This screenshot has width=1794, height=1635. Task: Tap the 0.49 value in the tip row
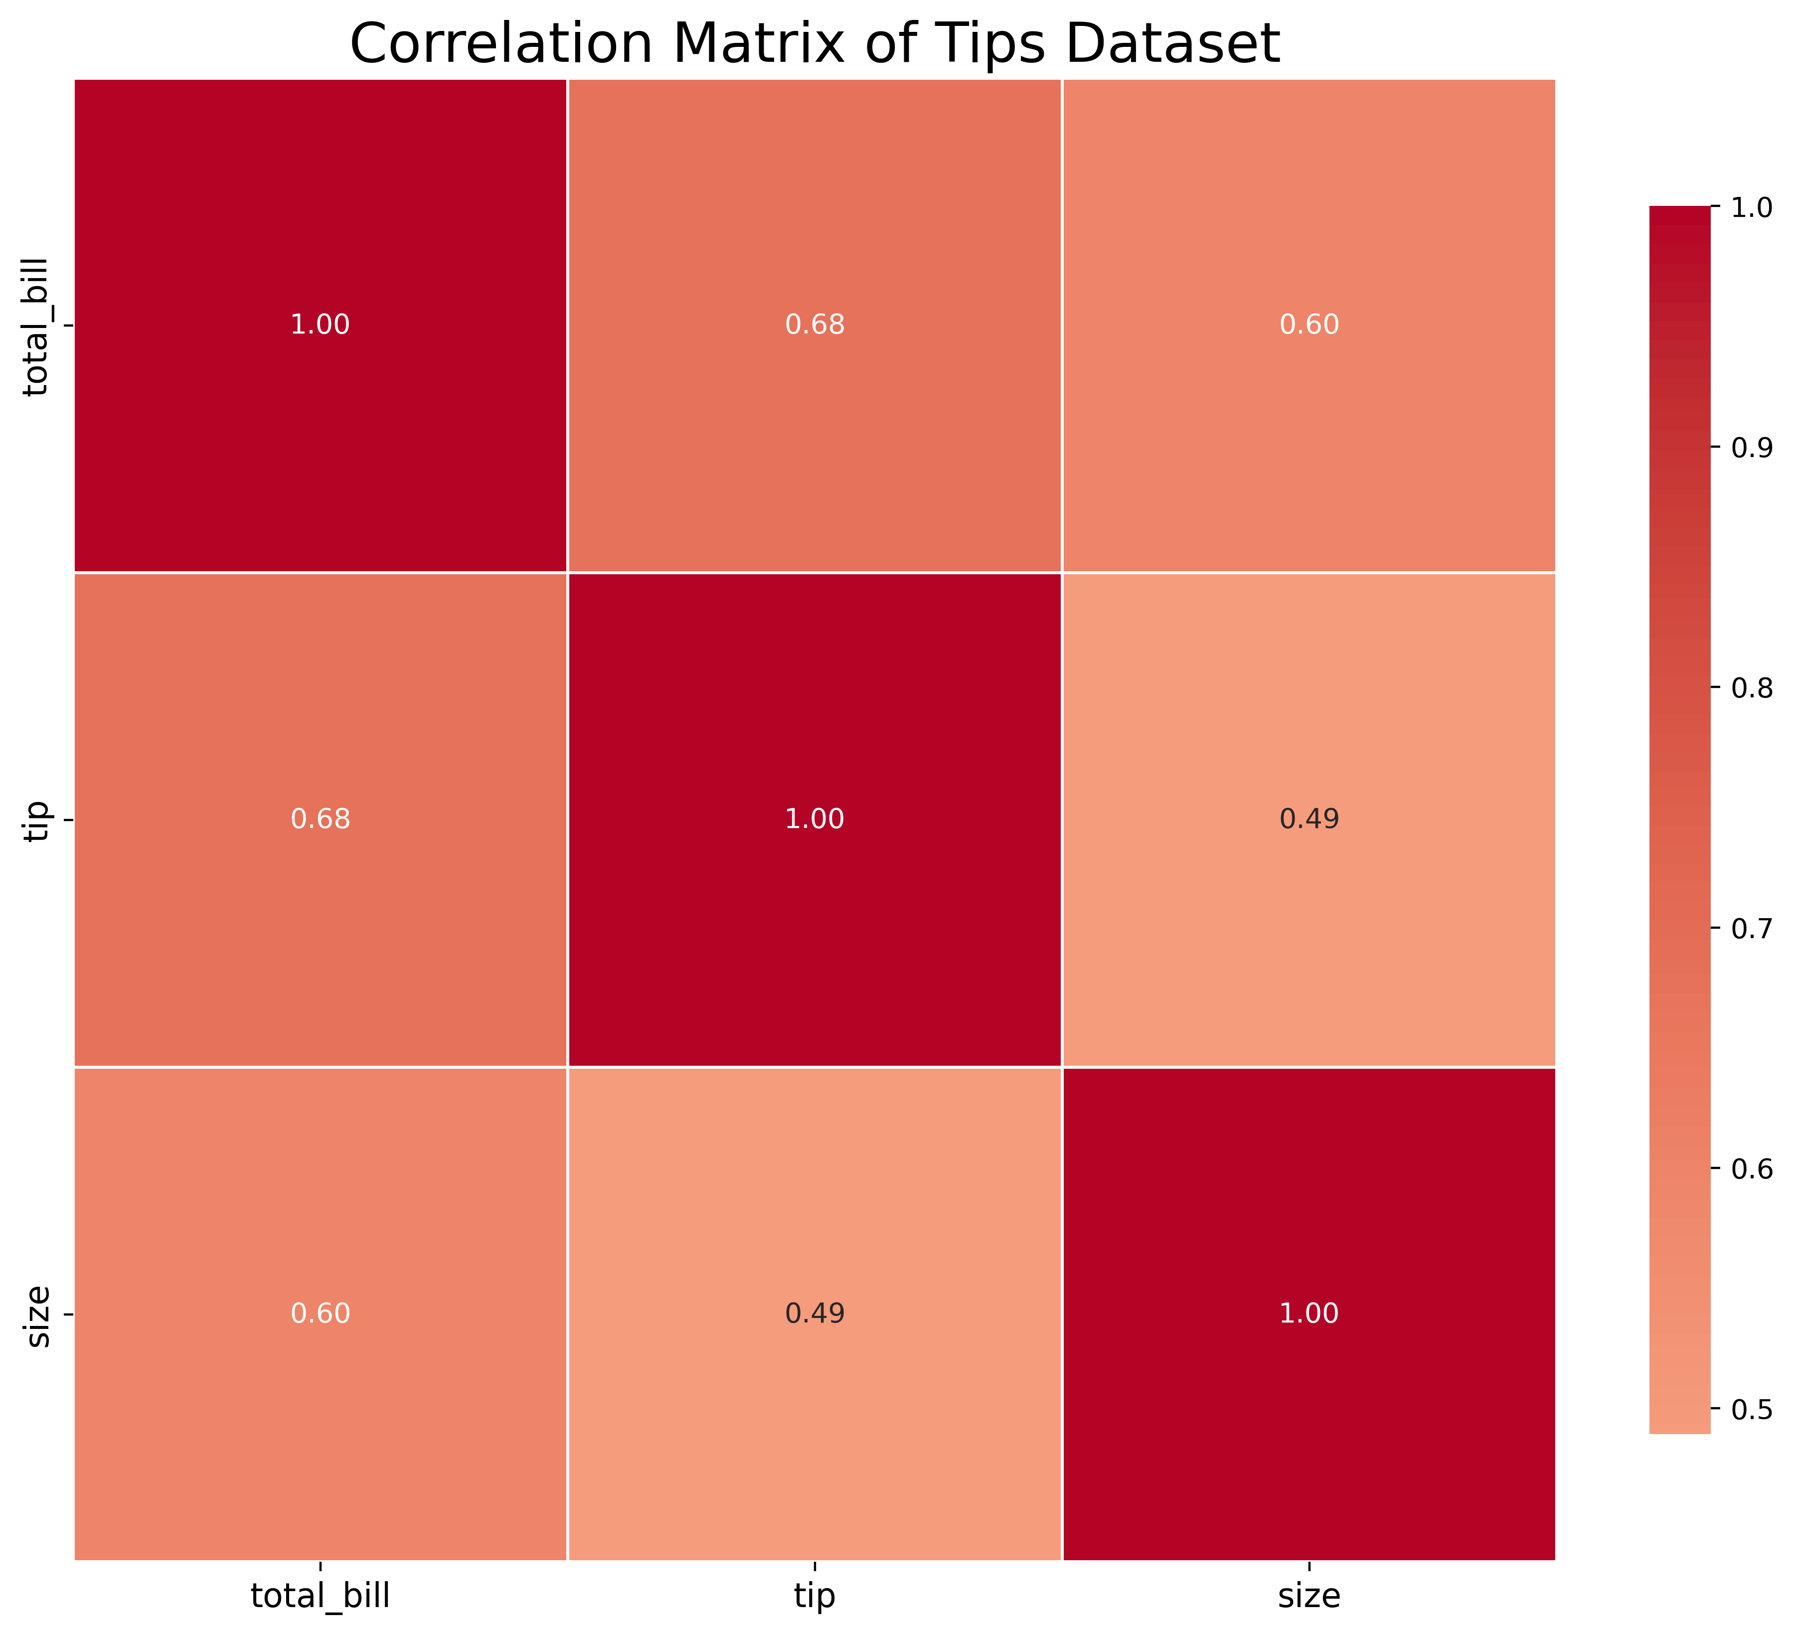[x=1309, y=819]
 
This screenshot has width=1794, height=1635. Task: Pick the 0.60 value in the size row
[x=321, y=1313]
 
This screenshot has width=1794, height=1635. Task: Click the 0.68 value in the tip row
[x=321, y=819]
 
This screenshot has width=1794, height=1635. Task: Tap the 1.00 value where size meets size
[x=1309, y=1313]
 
